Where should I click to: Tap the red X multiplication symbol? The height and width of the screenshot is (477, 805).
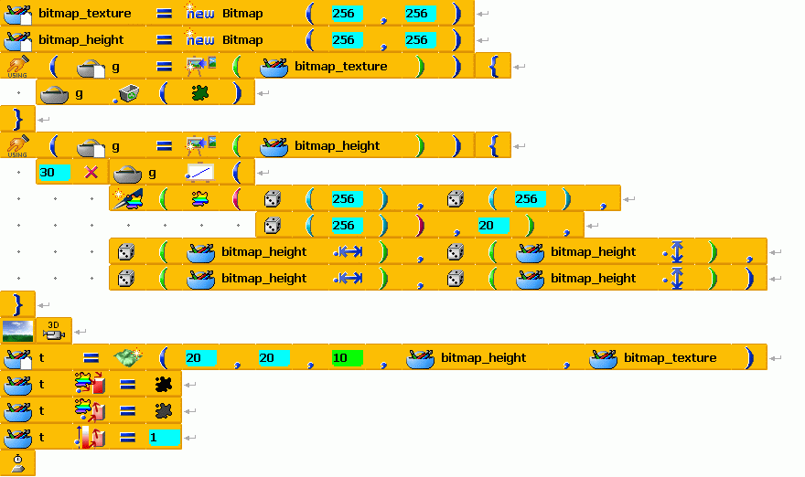91,173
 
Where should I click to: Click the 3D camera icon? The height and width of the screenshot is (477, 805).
53,331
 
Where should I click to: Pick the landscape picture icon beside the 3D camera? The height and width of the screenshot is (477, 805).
18,331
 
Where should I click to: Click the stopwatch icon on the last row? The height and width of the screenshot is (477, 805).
18,463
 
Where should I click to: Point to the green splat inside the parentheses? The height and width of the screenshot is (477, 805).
199,93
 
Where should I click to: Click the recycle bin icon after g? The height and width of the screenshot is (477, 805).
128,93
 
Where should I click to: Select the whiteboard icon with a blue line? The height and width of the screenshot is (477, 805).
199,173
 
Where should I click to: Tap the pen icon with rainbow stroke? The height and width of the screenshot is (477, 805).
128,199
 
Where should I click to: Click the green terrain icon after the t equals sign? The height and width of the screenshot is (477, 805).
128,357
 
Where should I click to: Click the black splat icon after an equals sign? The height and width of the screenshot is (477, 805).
163,384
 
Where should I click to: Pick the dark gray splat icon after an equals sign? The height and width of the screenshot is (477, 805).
163,410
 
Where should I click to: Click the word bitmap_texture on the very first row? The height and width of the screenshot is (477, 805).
85,14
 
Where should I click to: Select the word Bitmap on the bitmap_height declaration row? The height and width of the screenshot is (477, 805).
242,40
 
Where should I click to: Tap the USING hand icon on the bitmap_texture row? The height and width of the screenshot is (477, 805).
17,67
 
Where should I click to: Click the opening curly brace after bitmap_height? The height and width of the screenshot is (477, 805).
493,145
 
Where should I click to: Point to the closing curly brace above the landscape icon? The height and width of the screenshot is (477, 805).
17,304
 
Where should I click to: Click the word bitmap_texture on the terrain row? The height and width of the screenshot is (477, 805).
670,357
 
